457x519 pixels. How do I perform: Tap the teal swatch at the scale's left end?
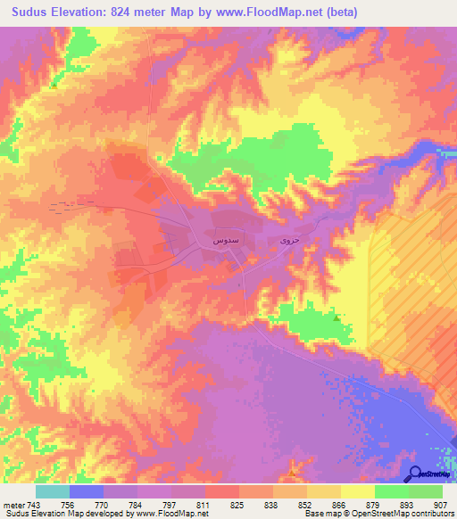pos(53,490)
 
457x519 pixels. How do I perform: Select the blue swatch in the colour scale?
pos(87,490)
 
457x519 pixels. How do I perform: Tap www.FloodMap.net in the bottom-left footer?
pos(172,513)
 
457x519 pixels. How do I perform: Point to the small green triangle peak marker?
pos(336,317)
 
